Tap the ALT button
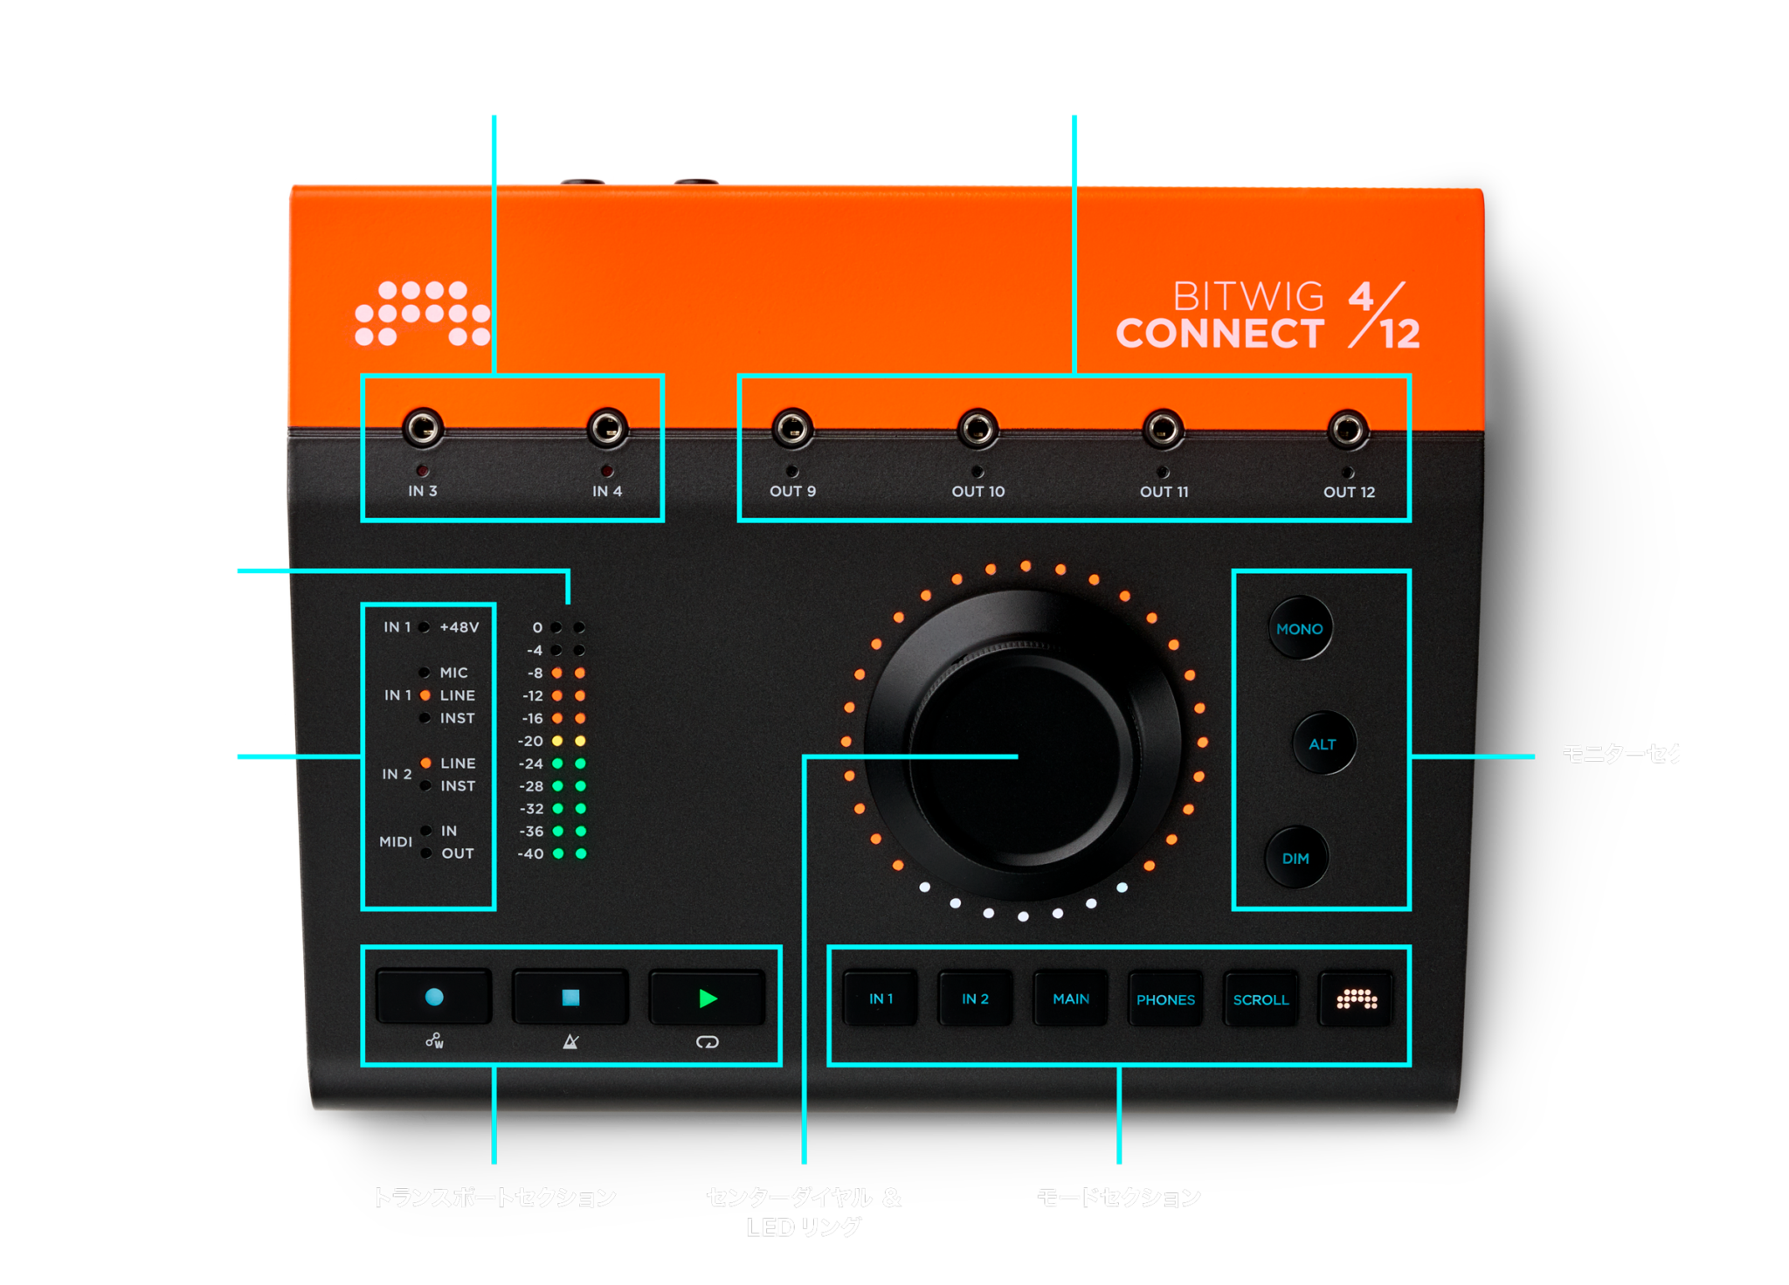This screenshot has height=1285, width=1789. pyautogui.click(x=1323, y=743)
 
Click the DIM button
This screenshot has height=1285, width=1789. pyautogui.click(x=1296, y=858)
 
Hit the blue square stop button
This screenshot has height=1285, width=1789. pyautogui.click(x=570, y=997)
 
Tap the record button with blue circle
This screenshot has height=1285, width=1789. pyautogui.click(x=433, y=997)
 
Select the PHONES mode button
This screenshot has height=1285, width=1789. pyautogui.click(x=1165, y=998)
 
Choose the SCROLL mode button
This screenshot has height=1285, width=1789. pyautogui.click(x=1261, y=998)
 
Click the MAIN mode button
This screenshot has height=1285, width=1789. pyautogui.click(x=1071, y=998)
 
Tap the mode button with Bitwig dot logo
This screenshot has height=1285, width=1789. pyautogui.click(x=1356, y=998)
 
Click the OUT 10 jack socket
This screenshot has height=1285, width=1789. pyautogui.click(x=977, y=428)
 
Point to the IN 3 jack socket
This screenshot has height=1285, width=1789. pyautogui.click(x=423, y=428)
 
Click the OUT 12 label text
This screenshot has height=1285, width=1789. pyautogui.click(x=1349, y=492)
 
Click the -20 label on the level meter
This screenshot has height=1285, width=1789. pyautogui.click(x=530, y=741)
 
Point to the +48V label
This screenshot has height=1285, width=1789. pyautogui.click(x=459, y=627)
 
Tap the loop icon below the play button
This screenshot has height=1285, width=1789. pyautogui.click(x=707, y=1041)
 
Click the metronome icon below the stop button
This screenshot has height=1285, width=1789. pyautogui.click(x=570, y=1041)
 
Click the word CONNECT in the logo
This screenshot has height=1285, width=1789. pyautogui.click(x=1219, y=334)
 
